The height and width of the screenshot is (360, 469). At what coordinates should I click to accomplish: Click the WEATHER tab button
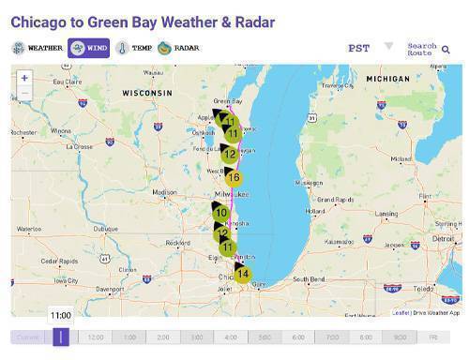tap(38, 48)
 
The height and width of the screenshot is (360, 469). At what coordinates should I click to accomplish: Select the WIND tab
tap(89, 48)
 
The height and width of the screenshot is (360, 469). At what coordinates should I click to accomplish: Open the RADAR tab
tap(178, 48)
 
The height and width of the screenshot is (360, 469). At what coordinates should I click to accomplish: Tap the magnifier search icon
tap(446, 49)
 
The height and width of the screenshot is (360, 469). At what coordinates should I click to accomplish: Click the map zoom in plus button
tap(24, 79)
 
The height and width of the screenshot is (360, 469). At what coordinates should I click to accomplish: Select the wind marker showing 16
tap(234, 177)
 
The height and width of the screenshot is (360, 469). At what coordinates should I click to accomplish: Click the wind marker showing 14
tap(242, 274)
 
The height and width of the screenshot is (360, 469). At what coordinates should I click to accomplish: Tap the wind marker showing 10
tap(221, 214)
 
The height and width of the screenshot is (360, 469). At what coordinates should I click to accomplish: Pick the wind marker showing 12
tap(229, 154)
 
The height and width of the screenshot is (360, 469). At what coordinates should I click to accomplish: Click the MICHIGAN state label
tap(387, 79)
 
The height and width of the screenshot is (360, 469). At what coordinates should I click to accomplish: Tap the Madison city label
tap(164, 192)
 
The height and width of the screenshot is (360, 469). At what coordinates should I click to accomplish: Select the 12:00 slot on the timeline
tap(96, 337)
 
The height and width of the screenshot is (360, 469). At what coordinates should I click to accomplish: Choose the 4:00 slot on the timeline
tap(231, 337)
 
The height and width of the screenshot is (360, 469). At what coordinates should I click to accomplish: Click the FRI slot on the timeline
tap(433, 337)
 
